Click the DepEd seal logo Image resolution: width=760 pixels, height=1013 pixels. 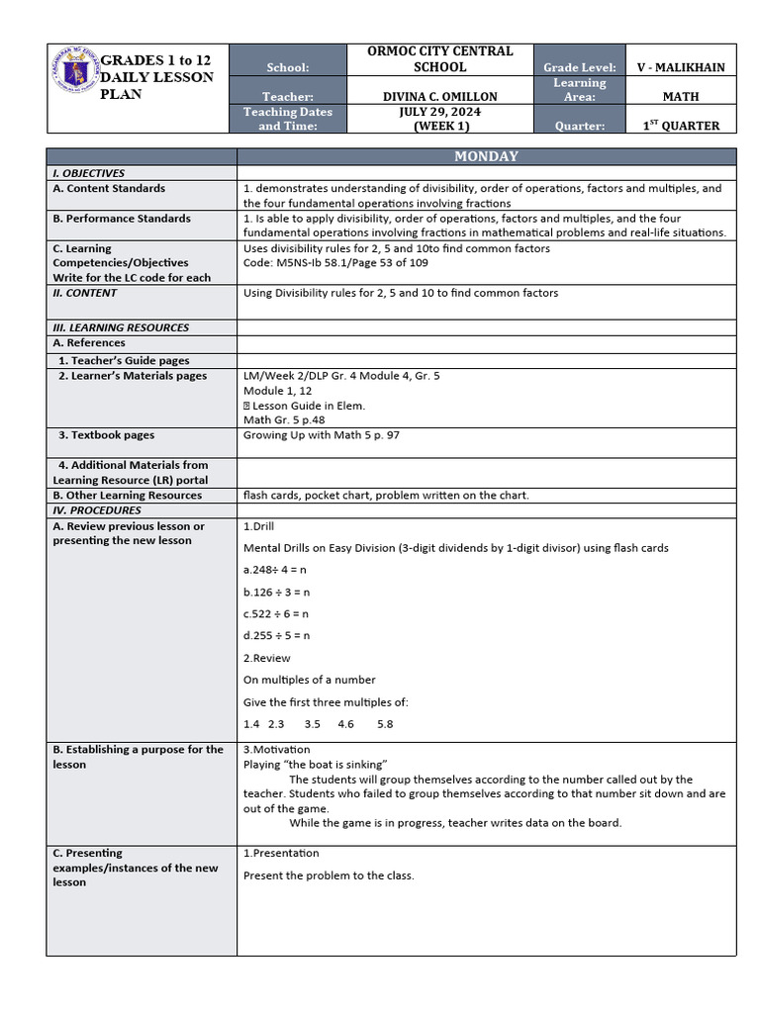tap(74, 72)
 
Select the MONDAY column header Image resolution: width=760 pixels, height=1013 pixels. tap(486, 156)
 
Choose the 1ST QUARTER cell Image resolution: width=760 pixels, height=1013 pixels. tap(680, 126)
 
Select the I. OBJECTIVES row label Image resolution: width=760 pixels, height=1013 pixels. tap(89, 173)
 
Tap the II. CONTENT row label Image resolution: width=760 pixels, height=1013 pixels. tap(85, 293)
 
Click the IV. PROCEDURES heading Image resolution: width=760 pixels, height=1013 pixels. tap(97, 510)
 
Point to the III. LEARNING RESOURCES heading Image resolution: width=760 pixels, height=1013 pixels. tap(121, 327)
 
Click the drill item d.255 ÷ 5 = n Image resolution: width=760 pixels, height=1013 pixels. tap(276, 635)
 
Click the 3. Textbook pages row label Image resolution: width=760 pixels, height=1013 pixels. tap(106, 435)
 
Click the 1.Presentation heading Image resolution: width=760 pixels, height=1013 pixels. tap(281, 853)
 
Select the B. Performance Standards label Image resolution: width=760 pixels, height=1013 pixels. tap(122, 219)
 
